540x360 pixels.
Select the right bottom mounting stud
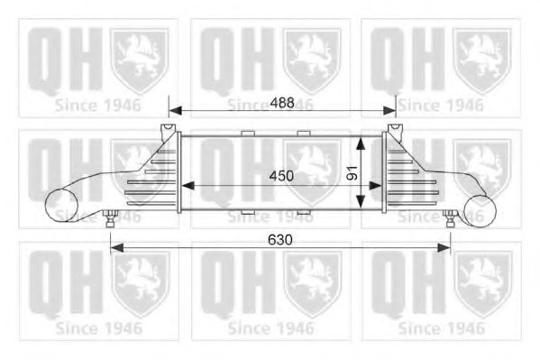[449, 217]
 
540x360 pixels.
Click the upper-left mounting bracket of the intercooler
[168, 132]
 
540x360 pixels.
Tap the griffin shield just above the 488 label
[312, 60]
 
